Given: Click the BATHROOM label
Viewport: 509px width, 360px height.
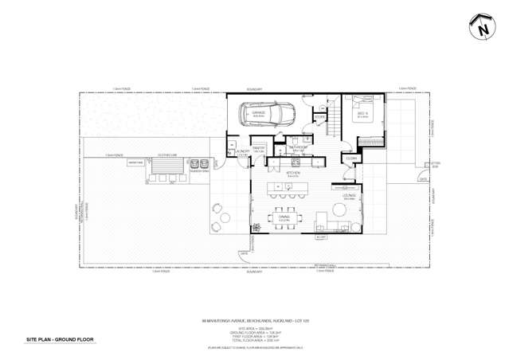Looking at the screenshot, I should pos(299,147).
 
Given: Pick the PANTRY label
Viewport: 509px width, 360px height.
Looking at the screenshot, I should pos(260,148).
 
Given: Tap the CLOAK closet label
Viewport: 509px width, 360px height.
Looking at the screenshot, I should pos(350,158).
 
